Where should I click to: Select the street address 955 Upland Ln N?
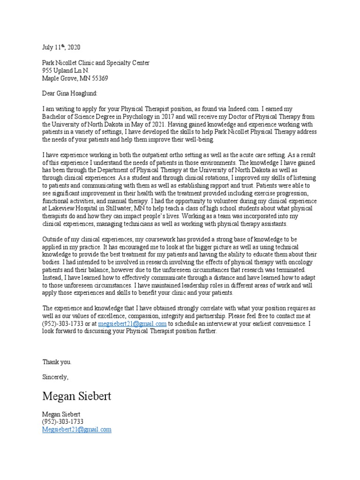point(65,70)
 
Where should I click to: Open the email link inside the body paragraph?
point(133,323)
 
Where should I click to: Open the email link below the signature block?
point(77,429)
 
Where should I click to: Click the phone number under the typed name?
point(63,422)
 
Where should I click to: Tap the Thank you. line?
point(57,362)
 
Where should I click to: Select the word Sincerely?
point(55,377)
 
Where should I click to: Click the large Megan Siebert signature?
point(77,397)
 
